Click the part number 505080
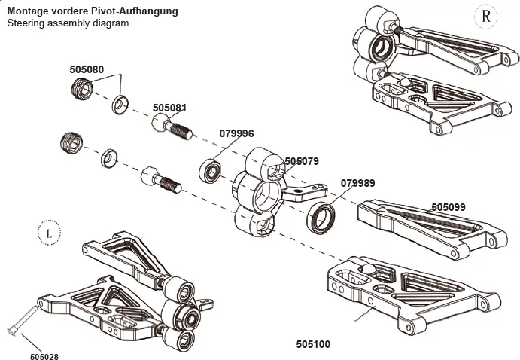pos(86,68)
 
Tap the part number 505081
pos(169,108)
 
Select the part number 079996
pos(236,133)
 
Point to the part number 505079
pos(302,161)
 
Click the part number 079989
pos(357,182)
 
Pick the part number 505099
pos(449,206)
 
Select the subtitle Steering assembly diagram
pos(68,23)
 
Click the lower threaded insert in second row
pos(71,142)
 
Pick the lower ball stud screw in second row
pos(158,181)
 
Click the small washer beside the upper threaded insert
pos(120,104)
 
